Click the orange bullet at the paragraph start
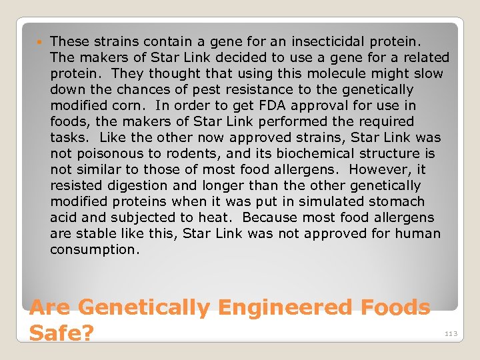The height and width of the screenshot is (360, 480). (x=42, y=42)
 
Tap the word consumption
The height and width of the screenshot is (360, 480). (x=93, y=249)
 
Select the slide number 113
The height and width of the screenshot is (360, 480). (x=452, y=334)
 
